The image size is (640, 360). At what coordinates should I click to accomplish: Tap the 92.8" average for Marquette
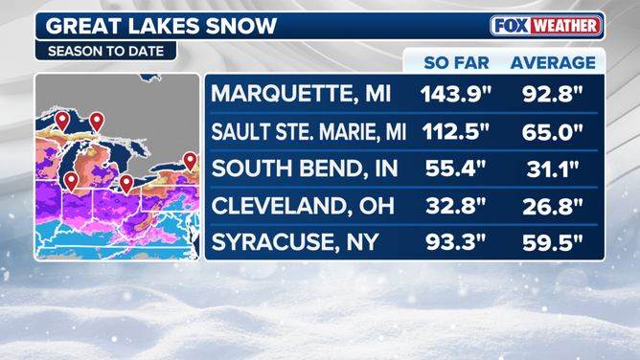[x=553, y=95]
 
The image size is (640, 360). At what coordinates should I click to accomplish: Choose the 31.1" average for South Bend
[x=553, y=169]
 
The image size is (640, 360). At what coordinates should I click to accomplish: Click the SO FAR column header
[x=456, y=63]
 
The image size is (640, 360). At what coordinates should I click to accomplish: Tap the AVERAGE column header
[x=552, y=63]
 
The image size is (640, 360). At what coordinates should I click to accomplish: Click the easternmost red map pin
[x=190, y=161]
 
